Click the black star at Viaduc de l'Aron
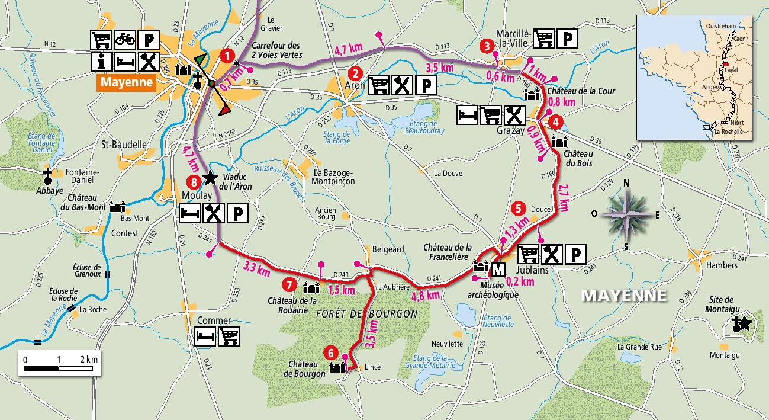coord(209,177)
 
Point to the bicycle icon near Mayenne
coord(124,40)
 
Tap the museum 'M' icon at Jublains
coord(498,270)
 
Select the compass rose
coord(628,214)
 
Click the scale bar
coord(57,369)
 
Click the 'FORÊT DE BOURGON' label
coord(366,313)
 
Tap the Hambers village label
coord(722,266)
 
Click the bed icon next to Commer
coord(205,336)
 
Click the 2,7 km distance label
coord(563,197)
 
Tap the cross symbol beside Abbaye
coord(48,176)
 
